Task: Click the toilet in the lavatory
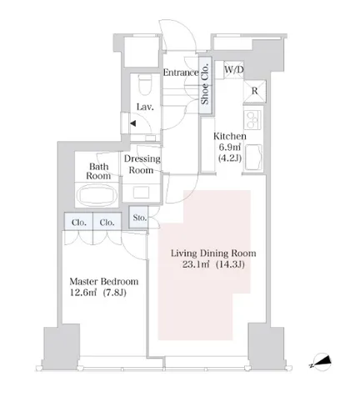(145, 84)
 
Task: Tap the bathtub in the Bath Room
(97, 194)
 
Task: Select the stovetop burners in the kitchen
(252, 119)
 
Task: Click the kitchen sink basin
(252, 158)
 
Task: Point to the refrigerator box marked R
(254, 91)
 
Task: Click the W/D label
(234, 69)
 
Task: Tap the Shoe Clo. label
(205, 84)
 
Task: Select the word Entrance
(181, 73)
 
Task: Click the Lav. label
(145, 107)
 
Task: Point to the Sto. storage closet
(138, 217)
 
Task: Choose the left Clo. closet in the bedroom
(78, 222)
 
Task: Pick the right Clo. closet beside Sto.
(107, 222)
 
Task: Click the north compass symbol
(321, 362)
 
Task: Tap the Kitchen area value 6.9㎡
(229, 147)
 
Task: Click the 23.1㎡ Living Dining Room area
(196, 264)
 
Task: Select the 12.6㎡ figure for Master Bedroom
(82, 293)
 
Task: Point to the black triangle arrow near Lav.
(133, 123)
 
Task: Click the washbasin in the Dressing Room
(141, 193)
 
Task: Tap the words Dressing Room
(142, 164)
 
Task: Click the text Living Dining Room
(213, 254)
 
